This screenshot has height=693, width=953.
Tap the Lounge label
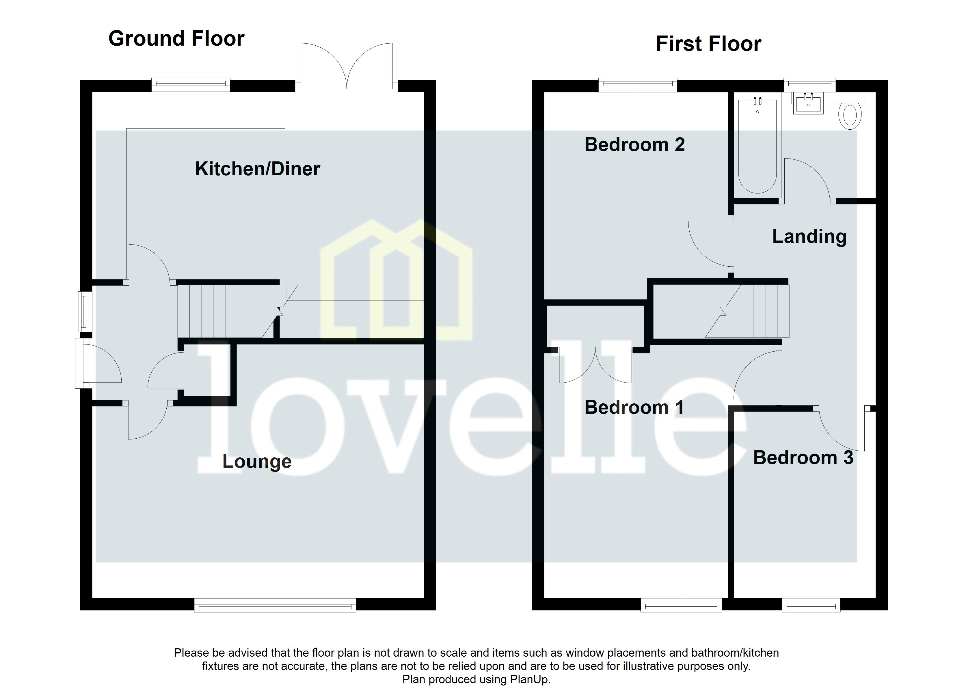[257, 461]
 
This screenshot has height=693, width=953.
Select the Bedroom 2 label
[634, 145]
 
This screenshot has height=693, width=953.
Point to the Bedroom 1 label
[634, 407]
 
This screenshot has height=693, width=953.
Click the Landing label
[809, 236]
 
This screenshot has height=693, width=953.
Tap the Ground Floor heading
[176, 39]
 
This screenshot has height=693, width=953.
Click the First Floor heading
[708, 44]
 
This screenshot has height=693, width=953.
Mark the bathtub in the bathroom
[757, 145]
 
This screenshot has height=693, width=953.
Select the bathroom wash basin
[808, 104]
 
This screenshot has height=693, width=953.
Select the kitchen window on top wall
[191, 85]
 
